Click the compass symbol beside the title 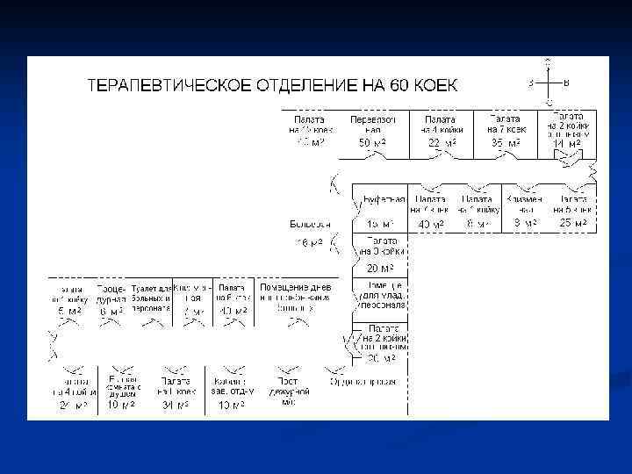pos(549,83)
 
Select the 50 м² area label pos(373,142)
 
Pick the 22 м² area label pos(441,142)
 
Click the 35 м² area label pos(505,142)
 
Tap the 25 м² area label pos(572,223)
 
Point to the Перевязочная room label pos(373,124)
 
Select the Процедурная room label pos(111,293)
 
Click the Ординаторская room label pos(363,382)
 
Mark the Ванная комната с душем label pos(124,387)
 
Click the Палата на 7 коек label pos(505,124)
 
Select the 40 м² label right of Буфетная pos(430,225)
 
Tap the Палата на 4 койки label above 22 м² pos(441,124)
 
